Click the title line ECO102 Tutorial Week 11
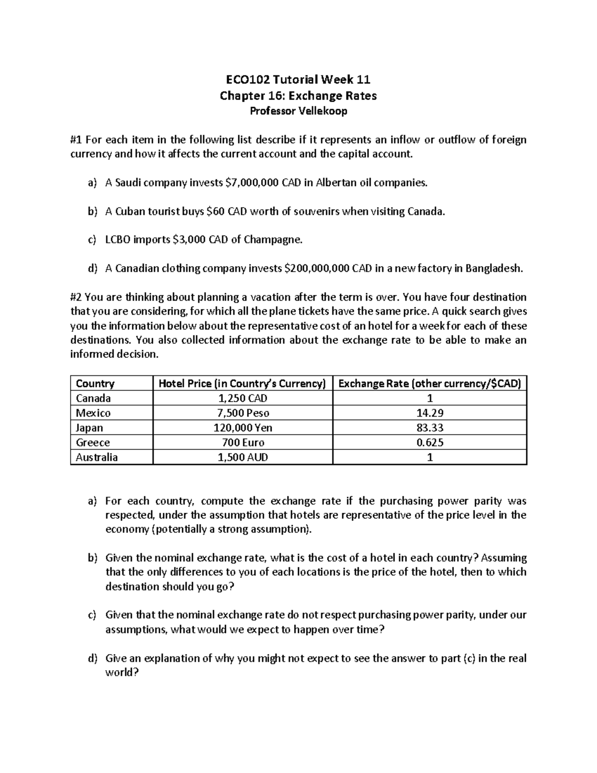298,80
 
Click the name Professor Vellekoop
298,111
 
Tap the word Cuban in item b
130,212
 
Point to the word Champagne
273,240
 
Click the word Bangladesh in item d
494,269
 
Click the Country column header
95,383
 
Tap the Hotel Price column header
242,383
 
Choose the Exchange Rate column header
429,383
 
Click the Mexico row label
93,413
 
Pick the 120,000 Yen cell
243,428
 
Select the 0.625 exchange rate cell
430,442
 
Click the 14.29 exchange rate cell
430,413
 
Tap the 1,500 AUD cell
243,457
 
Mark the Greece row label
93,442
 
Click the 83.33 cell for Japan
430,428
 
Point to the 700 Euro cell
243,442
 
